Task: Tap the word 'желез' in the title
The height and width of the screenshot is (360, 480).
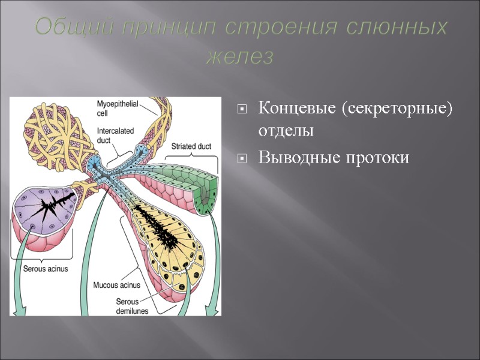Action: (239, 58)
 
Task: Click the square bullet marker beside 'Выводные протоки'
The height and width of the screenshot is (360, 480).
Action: (242, 158)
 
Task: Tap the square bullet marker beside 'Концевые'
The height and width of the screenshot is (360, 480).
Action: (242, 110)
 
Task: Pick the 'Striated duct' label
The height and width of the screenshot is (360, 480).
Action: (191, 146)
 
